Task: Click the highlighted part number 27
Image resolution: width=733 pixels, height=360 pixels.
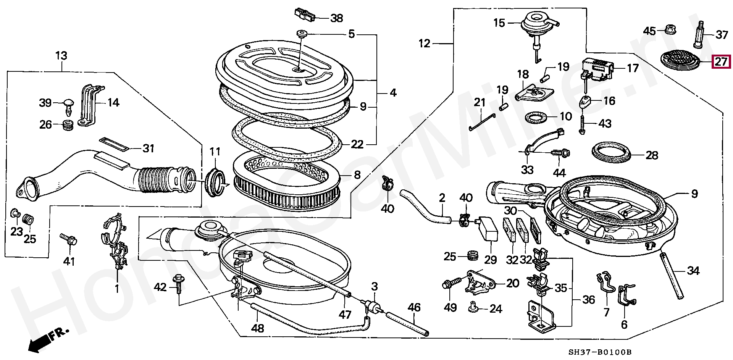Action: tap(721, 61)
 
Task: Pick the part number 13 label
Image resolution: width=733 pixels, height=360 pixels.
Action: tap(61, 56)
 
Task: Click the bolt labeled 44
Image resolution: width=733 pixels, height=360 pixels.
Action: tap(560, 153)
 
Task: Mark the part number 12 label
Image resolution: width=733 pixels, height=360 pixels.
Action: tap(424, 43)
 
